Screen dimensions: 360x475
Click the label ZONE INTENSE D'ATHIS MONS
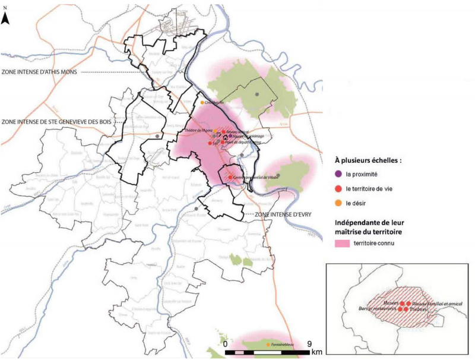(x=39, y=72)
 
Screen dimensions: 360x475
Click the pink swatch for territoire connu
(x=339, y=244)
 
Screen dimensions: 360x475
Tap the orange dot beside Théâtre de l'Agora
(x=216, y=132)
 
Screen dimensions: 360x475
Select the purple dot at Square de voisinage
(x=231, y=136)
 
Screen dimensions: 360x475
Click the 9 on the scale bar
(x=310, y=343)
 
